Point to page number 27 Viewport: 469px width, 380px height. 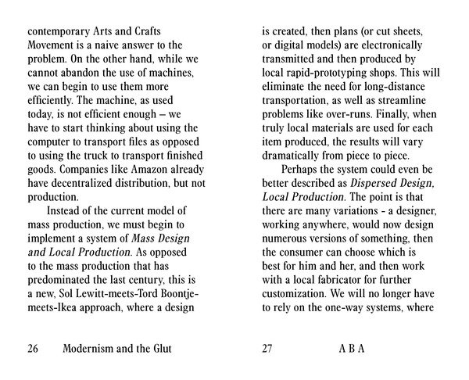tap(270, 348)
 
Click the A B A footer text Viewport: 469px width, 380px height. tap(351, 348)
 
